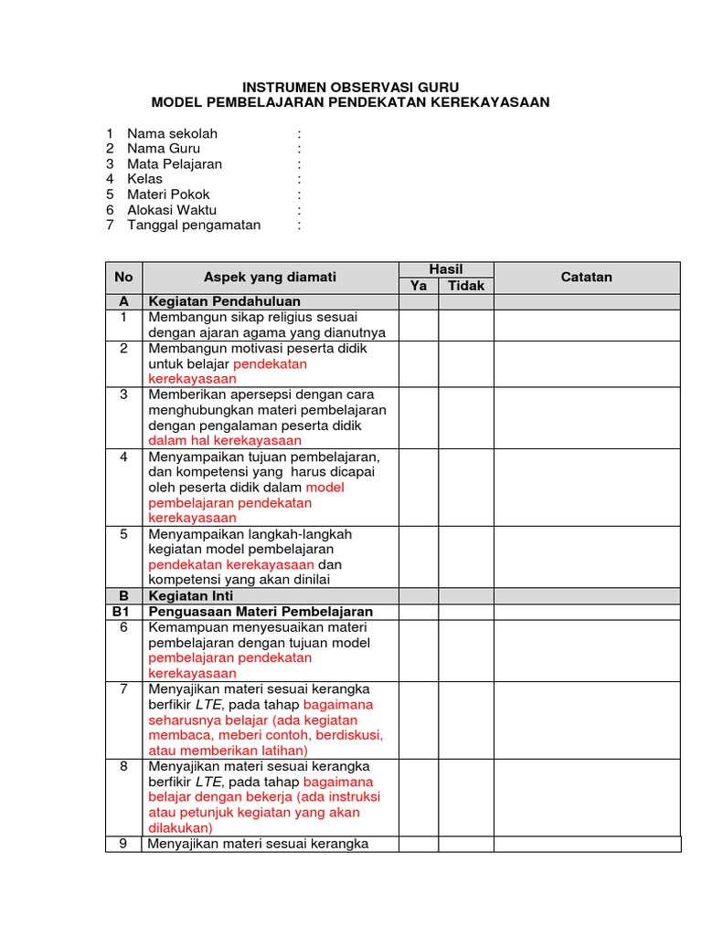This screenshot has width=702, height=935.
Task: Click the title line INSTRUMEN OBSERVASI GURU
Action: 350,87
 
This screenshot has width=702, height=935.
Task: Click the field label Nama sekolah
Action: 172,133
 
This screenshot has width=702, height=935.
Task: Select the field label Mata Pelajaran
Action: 174,164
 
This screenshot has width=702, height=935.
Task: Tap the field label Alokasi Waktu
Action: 172,210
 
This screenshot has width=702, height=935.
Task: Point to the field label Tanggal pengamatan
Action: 194,226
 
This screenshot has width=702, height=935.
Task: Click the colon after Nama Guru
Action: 298,149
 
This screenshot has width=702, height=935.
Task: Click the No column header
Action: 124,278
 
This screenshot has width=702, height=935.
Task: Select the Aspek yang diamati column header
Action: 270,278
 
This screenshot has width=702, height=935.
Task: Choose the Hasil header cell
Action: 446,269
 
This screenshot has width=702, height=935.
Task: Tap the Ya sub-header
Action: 419,286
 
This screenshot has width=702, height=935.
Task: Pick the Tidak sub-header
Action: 466,286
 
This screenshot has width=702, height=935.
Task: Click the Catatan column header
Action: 587,278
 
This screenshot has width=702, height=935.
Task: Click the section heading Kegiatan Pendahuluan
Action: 225,301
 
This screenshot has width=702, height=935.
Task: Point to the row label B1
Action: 124,611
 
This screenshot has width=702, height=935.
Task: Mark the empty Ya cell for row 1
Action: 419,325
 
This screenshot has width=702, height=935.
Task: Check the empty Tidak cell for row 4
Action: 466,487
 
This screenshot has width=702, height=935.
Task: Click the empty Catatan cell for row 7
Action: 587,720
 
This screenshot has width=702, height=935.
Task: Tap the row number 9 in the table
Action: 124,844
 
